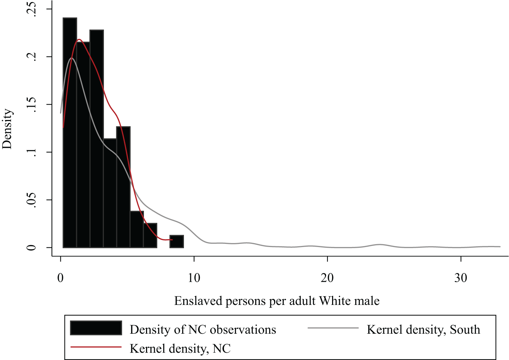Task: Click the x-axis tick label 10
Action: (x=194, y=278)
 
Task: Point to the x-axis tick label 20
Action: (x=327, y=278)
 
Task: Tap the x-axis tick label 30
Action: (x=461, y=278)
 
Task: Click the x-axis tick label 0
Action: (x=60, y=278)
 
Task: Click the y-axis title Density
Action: (x=7, y=129)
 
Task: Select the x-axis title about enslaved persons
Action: (x=277, y=301)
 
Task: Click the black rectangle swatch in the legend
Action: (x=96, y=328)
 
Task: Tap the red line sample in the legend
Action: (x=96, y=347)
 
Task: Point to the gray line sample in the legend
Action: (x=333, y=328)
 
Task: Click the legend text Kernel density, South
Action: (x=423, y=329)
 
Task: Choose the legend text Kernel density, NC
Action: (x=180, y=348)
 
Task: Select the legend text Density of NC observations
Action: (x=203, y=329)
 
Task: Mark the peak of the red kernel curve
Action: (x=79, y=39)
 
